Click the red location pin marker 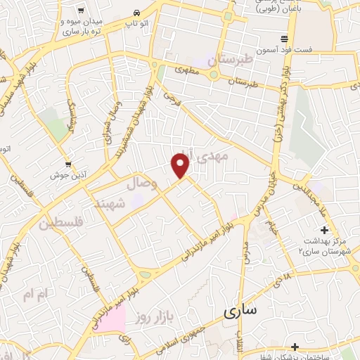[x=181, y=165]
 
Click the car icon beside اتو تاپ [x=136, y=13]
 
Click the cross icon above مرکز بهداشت [x=324, y=230]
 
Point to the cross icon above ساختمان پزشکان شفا [x=295, y=346]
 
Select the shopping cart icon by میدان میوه [x=82, y=10]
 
